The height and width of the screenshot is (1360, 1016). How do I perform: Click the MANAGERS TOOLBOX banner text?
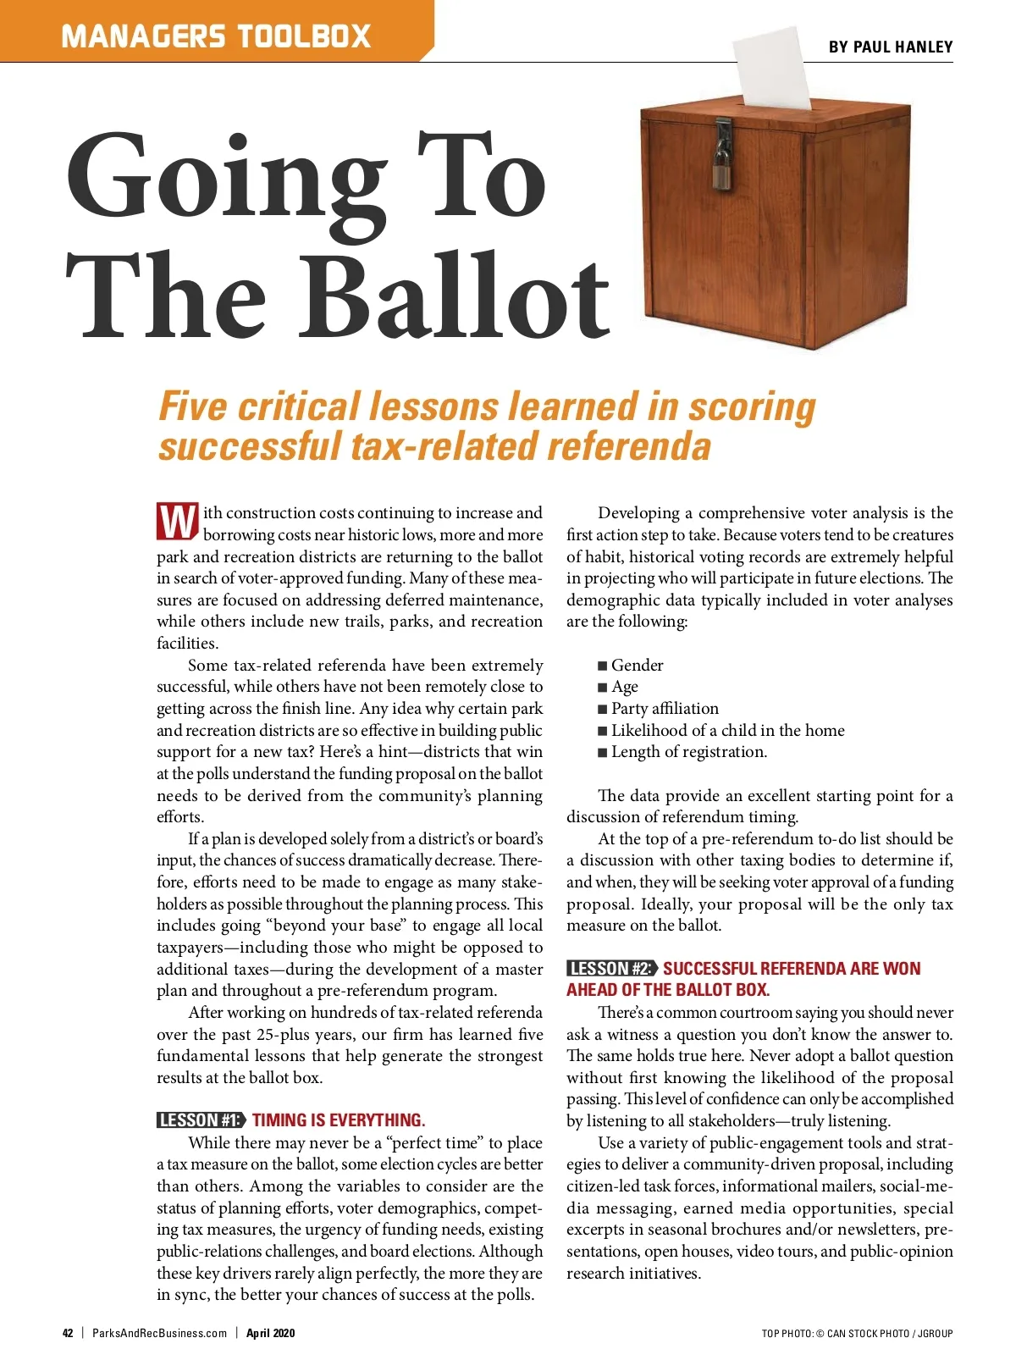point(216,36)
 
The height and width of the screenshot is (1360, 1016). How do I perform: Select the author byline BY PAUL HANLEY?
point(891,47)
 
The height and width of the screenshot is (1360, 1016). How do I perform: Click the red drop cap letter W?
point(177,522)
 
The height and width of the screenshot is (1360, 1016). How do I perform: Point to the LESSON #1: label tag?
point(201,1120)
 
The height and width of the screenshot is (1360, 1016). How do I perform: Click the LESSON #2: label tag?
point(611,969)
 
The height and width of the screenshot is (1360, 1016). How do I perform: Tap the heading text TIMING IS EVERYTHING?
point(339,1120)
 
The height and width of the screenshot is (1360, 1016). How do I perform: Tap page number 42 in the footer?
point(68,1333)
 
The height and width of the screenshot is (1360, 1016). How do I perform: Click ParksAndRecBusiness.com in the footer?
point(159,1333)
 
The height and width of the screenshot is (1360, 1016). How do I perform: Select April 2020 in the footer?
point(271,1333)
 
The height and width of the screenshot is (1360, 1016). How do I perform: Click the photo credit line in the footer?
point(857,1334)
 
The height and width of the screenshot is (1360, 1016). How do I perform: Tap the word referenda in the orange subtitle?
point(628,446)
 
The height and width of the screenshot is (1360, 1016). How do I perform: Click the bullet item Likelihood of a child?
point(727,731)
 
